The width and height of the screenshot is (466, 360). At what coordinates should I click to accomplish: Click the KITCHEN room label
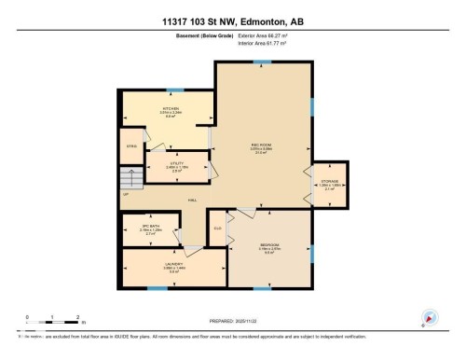(x=170, y=108)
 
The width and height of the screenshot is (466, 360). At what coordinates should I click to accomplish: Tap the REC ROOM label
(x=261, y=145)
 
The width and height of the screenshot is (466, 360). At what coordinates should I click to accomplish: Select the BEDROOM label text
(x=267, y=245)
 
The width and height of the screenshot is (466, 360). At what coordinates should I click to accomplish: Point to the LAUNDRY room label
(x=172, y=264)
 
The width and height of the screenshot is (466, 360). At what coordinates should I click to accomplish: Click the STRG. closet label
(x=132, y=145)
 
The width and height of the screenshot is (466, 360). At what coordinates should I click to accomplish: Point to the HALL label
(x=192, y=201)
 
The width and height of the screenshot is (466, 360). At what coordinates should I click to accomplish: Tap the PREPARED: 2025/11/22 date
(x=233, y=322)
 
